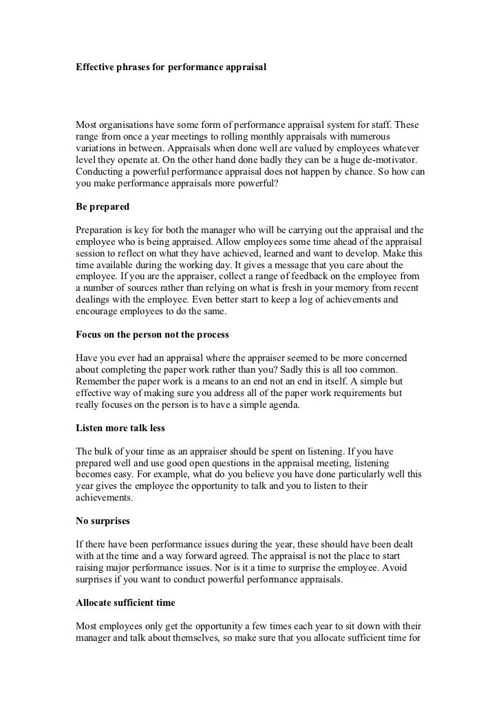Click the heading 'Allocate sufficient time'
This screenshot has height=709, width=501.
[125, 602]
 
